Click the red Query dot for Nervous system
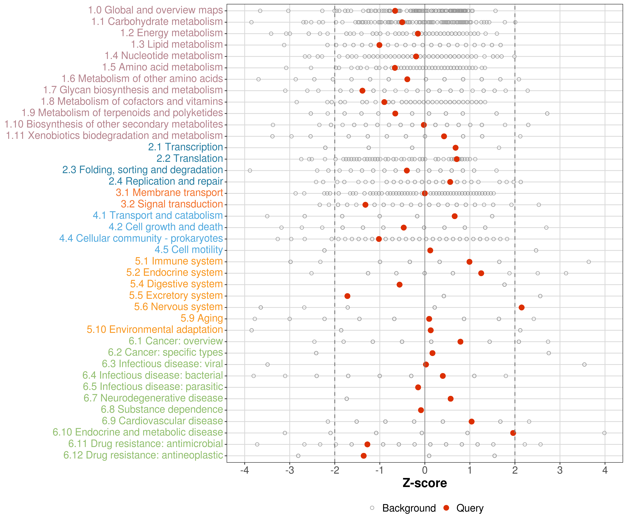pyautogui.click(x=521, y=307)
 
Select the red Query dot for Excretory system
pyautogui.click(x=347, y=296)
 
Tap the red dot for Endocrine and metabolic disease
pyautogui.click(x=513, y=433)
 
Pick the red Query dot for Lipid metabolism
pyautogui.click(x=379, y=45)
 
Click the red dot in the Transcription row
pyautogui.click(x=455, y=148)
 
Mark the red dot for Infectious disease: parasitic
pyautogui.click(x=418, y=387)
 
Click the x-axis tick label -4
pyautogui.click(x=245, y=471)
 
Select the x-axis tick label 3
pyautogui.click(x=560, y=471)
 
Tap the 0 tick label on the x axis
pyautogui.click(x=425, y=471)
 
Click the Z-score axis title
pyautogui.click(x=425, y=483)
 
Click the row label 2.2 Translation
pyautogui.click(x=190, y=158)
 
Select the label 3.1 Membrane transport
pyautogui.click(x=169, y=193)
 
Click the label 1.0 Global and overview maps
pyautogui.click(x=155, y=10)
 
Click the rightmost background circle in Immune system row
pyautogui.click(x=589, y=262)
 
